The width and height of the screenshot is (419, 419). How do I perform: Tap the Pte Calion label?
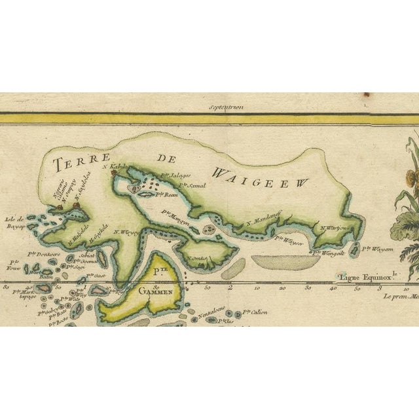(256, 313)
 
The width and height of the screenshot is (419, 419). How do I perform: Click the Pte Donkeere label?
(44, 253)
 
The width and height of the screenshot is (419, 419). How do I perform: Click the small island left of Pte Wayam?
(356, 249)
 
